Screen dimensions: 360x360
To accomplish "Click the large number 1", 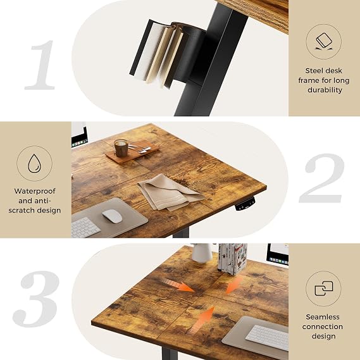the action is coord(41,65).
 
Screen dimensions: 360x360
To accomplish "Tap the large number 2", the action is coord(322,178).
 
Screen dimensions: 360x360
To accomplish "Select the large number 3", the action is coord(36,299).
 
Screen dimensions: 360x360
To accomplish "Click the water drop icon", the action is coord(34,163).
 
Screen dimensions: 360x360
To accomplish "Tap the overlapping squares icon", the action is coord(324,289).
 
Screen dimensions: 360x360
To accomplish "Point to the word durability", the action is coord(325,90).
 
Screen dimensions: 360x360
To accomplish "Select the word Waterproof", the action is coord(35,191).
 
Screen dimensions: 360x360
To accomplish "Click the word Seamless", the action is coord(323,317).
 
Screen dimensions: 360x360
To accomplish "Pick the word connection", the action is coord(323,326).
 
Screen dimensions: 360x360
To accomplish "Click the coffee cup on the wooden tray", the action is coord(121,148).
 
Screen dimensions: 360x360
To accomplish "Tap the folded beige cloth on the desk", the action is coord(170,192).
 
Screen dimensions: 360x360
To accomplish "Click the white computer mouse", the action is coord(112,216).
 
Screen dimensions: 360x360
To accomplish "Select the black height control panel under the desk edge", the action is coord(245,204).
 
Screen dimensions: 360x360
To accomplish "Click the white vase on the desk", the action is coord(202,253).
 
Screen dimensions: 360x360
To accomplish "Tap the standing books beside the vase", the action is coord(233,259).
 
